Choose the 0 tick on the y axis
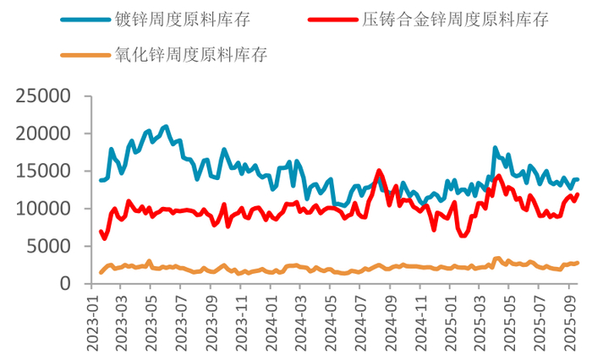pyautogui.click(x=65, y=284)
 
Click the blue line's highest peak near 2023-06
pyautogui.click(x=166, y=127)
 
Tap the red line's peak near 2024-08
pyautogui.click(x=379, y=171)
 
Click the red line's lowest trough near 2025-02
pyautogui.click(x=463, y=235)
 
